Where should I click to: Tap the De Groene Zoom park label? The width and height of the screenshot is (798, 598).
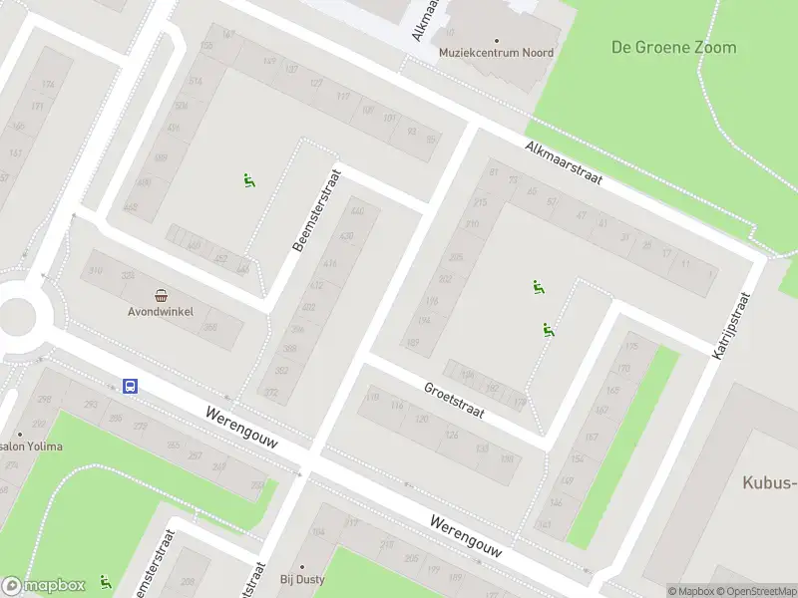(673, 47)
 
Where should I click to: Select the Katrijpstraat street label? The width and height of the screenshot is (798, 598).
(731, 326)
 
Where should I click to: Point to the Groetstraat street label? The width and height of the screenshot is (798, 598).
(454, 401)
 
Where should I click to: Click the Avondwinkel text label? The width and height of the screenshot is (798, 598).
(160, 310)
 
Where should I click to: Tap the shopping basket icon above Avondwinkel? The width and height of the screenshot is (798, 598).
(161, 294)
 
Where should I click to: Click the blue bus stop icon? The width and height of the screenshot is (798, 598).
(130, 386)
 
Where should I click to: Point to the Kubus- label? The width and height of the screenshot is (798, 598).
(769, 483)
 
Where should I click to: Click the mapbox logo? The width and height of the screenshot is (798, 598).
(44, 585)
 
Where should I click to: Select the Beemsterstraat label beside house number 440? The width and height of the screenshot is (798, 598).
(317, 209)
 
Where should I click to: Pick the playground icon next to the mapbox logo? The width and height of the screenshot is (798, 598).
(106, 581)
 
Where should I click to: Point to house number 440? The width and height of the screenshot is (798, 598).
(358, 212)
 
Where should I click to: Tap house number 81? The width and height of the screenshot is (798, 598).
(493, 172)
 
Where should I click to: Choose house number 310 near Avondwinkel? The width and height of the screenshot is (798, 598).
(96, 270)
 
